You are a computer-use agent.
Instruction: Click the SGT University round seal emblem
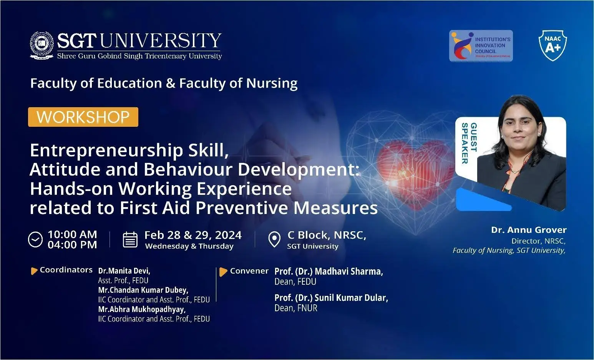click(x=42, y=45)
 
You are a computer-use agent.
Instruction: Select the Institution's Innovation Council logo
click(x=481, y=46)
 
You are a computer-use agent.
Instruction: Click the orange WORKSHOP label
click(x=83, y=117)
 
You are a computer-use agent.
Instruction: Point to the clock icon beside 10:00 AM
click(x=35, y=240)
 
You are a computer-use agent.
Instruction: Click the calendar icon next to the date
click(x=130, y=240)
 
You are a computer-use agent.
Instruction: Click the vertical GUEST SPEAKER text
click(x=469, y=143)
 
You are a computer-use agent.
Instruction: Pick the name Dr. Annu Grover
click(x=529, y=230)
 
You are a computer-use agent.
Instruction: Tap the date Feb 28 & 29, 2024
click(x=193, y=235)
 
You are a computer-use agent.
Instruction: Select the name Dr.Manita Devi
click(x=124, y=271)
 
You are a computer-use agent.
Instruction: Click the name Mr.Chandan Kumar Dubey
click(x=143, y=290)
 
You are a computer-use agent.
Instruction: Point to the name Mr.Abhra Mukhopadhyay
click(x=142, y=309)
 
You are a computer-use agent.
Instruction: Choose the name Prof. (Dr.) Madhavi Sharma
click(x=329, y=271)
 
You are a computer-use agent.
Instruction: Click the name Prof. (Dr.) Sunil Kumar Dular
click(x=331, y=298)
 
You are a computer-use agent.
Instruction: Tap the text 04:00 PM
click(x=72, y=245)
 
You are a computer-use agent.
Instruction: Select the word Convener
click(x=249, y=271)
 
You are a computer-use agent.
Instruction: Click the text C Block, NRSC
click(x=327, y=235)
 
